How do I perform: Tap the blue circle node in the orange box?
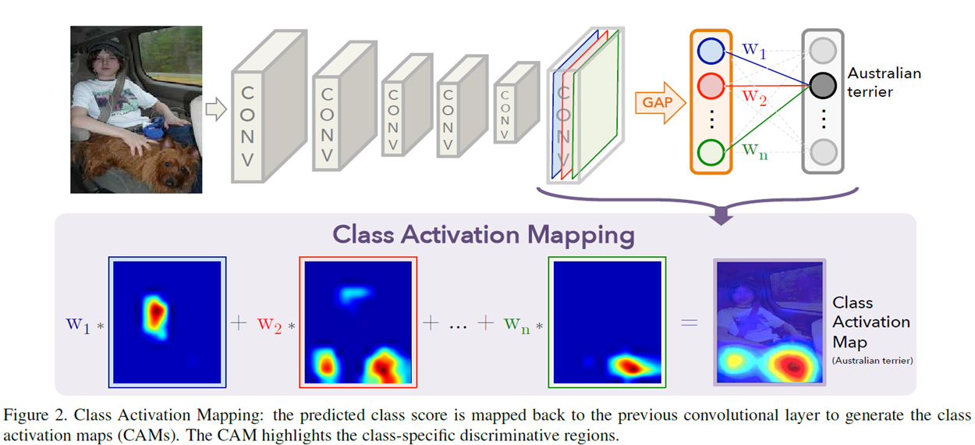click(711, 52)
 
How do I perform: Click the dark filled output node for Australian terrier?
click(821, 84)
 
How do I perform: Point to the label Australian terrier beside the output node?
click(884, 82)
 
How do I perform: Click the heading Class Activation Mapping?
click(484, 234)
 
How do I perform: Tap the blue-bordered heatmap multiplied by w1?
click(168, 322)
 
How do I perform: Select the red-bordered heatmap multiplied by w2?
click(358, 322)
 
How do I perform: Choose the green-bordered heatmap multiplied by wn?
click(608, 322)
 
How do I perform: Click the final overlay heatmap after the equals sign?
click(769, 322)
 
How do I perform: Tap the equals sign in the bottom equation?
click(690, 322)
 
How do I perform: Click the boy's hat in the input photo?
click(101, 48)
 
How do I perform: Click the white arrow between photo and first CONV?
click(214, 109)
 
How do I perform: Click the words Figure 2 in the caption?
click(30, 414)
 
